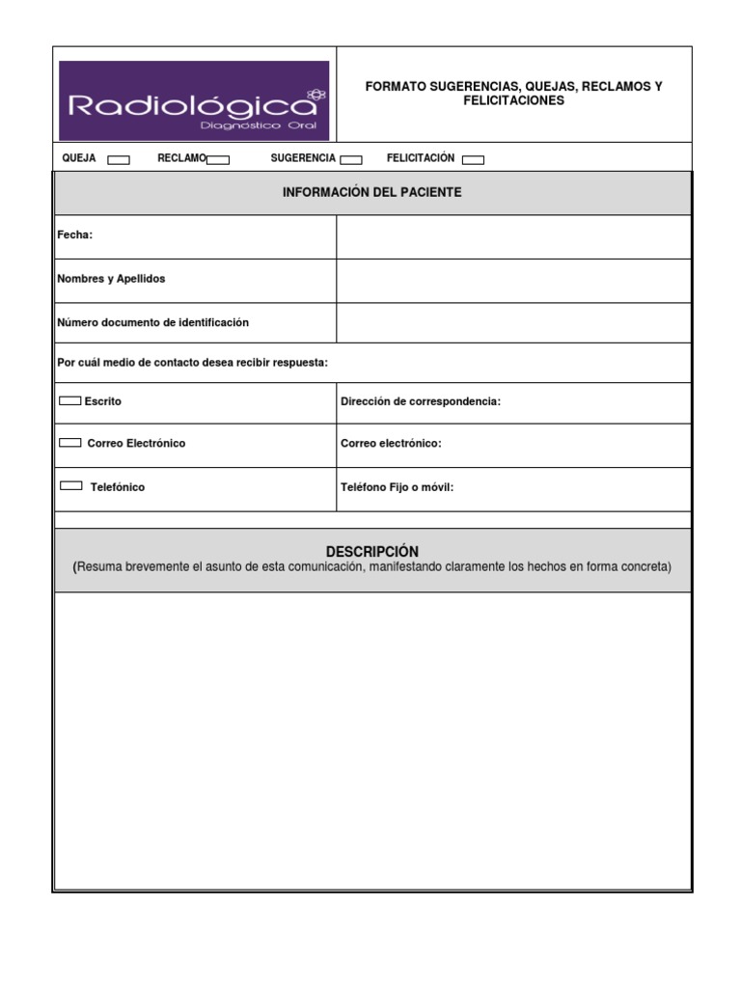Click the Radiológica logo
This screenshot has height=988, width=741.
[x=194, y=101]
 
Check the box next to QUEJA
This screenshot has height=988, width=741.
[x=119, y=160]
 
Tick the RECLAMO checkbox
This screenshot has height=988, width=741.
[x=218, y=160]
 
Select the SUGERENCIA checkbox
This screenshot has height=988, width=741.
[x=351, y=160]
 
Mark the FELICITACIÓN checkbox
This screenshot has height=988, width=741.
[x=473, y=160]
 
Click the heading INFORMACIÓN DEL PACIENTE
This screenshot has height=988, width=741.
[x=371, y=193]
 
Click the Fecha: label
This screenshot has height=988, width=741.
[x=75, y=235]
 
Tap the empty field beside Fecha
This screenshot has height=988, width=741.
[x=513, y=236]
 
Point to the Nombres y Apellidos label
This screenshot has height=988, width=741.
[x=111, y=279]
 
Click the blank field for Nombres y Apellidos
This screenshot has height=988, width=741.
[x=513, y=281]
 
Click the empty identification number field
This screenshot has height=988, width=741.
[x=513, y=322]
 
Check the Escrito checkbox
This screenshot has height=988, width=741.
[x=70, y=399]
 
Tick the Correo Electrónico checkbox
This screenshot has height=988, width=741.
[x=70, y=442]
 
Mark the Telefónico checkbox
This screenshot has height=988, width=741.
[x=71, y=485]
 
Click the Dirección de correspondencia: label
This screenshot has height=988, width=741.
[x=421, y=401]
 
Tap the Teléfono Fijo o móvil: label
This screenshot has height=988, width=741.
[x=397, y=487]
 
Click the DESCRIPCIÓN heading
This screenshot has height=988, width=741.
[x=371, y=552]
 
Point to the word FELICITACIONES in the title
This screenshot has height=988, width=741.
[x=513, y=100]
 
